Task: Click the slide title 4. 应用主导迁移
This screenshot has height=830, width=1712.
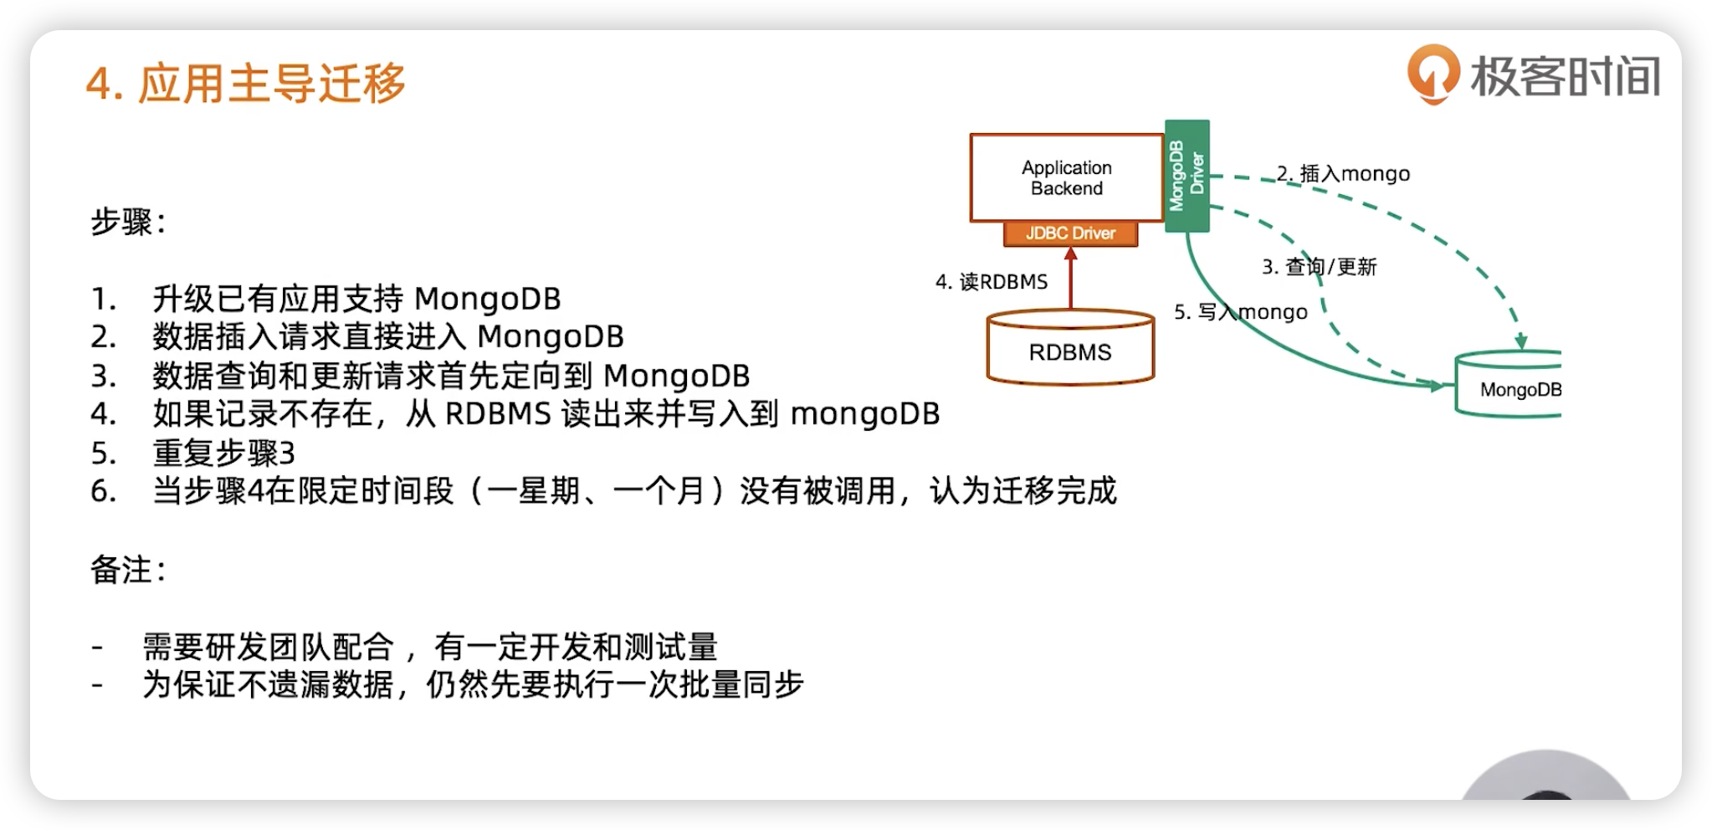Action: (245, 84)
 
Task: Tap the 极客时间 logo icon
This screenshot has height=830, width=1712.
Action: (1433, 74)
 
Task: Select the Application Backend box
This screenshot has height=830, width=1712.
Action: (1066, 177)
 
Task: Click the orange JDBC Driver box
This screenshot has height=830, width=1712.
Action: (1070, 233)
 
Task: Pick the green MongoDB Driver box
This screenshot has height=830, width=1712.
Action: (1187, 176)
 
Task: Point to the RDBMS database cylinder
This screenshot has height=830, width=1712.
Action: (1070, 349)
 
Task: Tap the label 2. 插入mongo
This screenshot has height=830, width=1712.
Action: (1343, 173)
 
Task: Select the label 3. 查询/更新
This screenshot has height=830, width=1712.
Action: (1319, 267)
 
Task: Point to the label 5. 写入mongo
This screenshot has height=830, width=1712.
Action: (1240, 312)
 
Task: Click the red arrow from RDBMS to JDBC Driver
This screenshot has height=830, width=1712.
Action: (1070, 280)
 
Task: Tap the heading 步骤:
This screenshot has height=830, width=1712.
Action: (128, 222)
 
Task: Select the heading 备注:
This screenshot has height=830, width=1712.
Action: (128, 570)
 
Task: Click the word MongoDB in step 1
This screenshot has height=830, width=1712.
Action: (487, 299)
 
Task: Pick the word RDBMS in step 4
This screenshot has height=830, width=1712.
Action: (498, 414)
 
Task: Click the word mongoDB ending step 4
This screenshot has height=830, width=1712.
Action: (864, 414)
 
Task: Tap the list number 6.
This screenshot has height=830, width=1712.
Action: (103, 491)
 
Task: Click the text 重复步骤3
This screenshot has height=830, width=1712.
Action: (223, 453)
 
